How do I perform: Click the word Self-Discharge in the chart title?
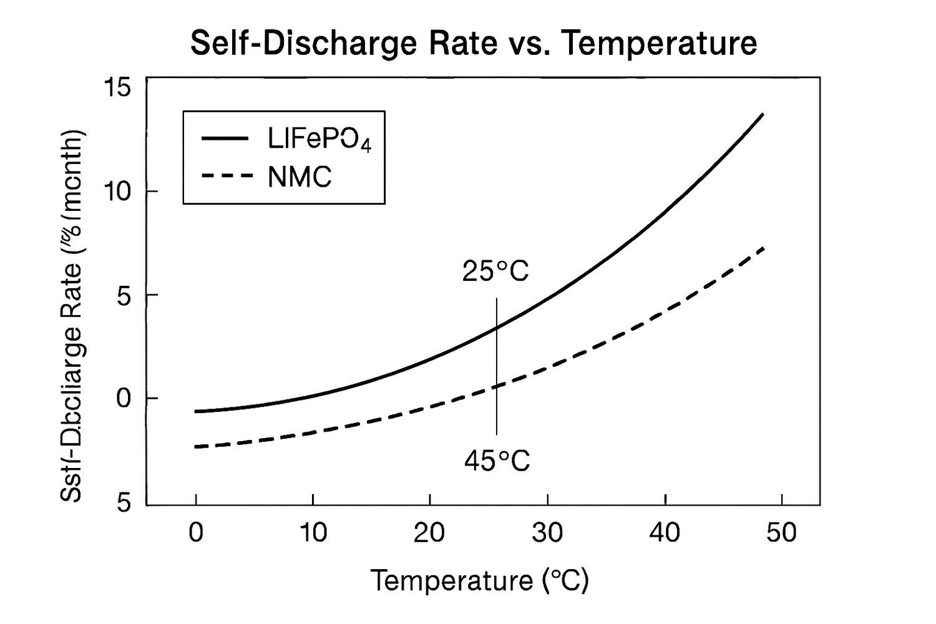(303, 44)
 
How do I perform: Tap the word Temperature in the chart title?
(660, 44)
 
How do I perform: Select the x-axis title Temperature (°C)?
(480, 581)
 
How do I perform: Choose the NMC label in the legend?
(300, 177)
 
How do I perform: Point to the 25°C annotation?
(495, 271)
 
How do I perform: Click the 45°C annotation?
(497, 462)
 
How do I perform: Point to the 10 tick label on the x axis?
(313, 533)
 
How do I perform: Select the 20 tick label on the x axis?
(429, 533)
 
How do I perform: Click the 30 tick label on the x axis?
(547, 533)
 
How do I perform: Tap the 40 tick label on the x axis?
(665, 533)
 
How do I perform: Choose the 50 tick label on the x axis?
(781, 533)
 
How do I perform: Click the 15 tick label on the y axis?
(117, 88)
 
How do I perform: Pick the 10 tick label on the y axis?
(117, 192)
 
